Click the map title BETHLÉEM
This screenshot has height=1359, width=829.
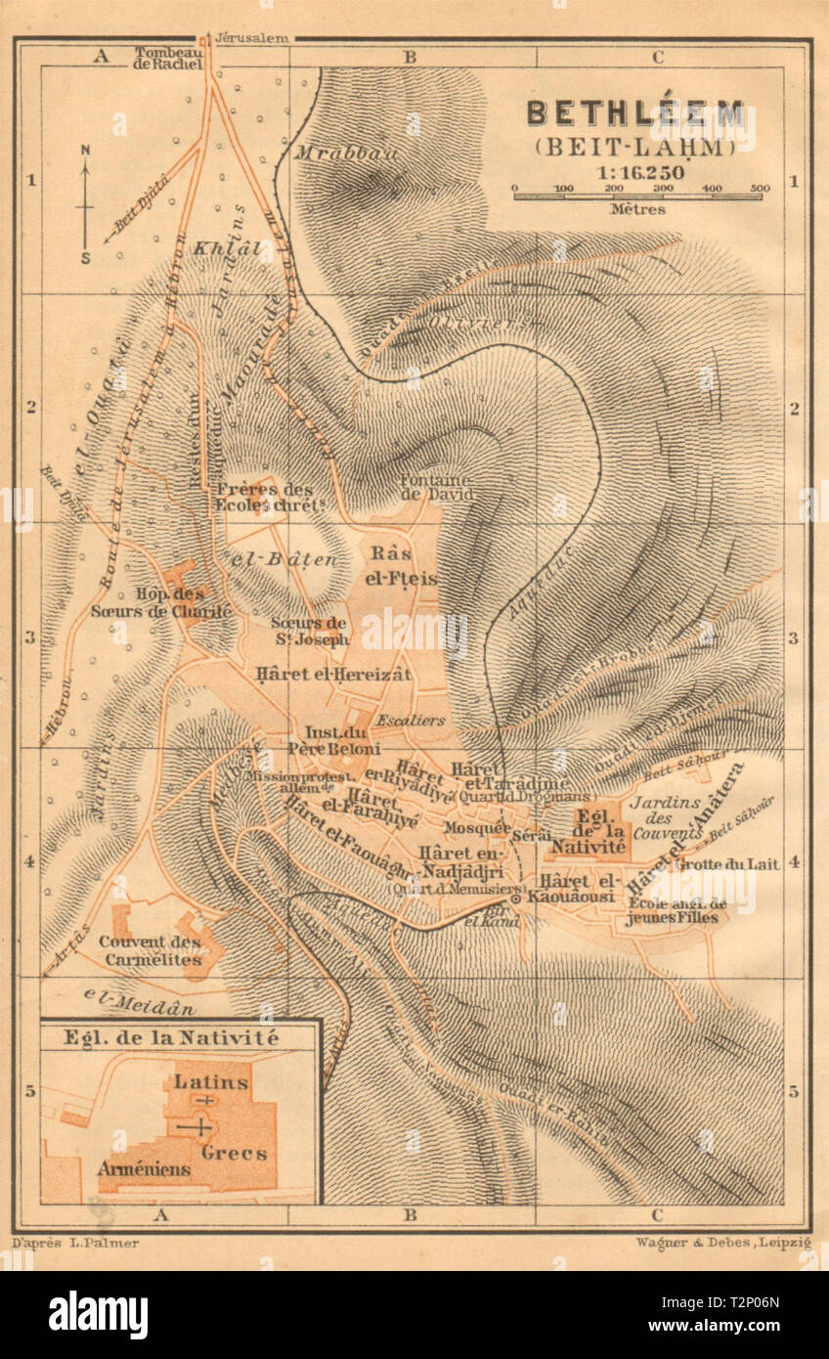point(635,113)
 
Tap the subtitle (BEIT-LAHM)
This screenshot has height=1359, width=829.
point(635,148)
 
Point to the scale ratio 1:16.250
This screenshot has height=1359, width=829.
point(635,170)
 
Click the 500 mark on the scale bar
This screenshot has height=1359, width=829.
point(760,188)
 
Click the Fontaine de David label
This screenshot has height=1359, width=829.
point(436,487)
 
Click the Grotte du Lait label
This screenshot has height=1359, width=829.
point(711,864)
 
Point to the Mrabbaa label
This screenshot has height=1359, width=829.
point(332,153)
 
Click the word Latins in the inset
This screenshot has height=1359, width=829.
point(211,1082)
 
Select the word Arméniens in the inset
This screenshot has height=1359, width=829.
point(143,1168)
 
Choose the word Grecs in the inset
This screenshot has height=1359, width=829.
point(234,1153)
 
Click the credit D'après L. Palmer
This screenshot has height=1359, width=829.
point(76,1243)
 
